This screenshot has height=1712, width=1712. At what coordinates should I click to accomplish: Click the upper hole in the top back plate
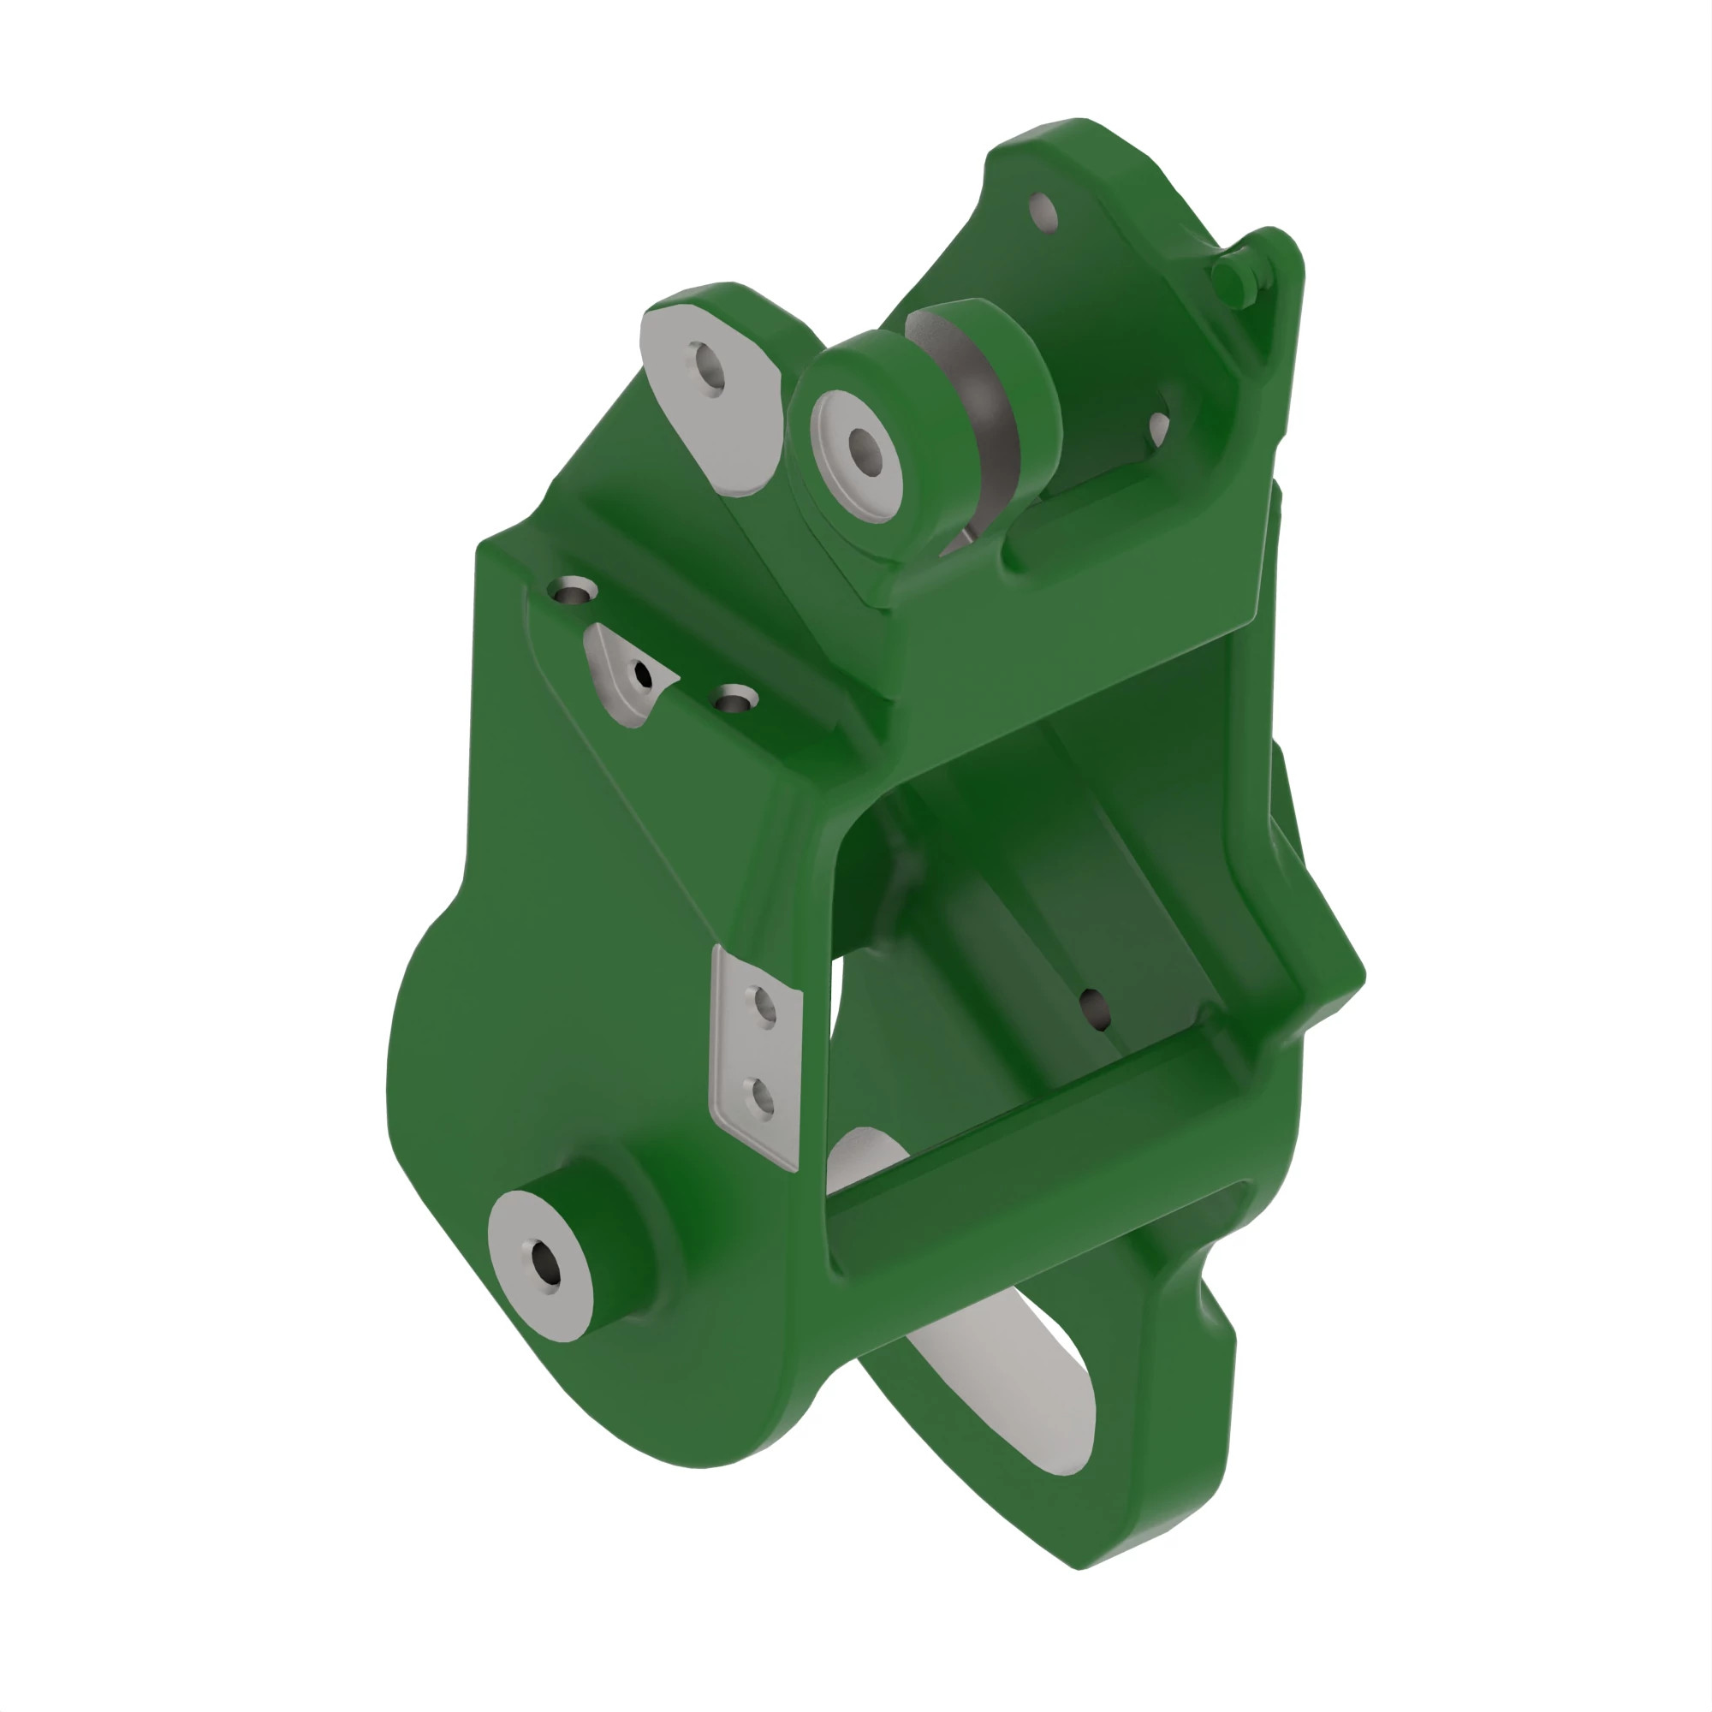click(x=1043, y=212)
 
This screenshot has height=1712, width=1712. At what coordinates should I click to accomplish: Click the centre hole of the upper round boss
click(x=864, y=449)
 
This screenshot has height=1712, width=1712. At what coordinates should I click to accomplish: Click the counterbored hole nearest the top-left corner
click(x=573, y=590)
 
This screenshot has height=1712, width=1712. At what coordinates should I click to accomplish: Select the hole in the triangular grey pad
click(x=644, y=676)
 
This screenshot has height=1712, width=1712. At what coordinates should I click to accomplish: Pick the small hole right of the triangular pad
click(x=734, y=701)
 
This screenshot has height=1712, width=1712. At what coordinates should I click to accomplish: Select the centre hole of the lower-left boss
click(x=544, y=1263)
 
